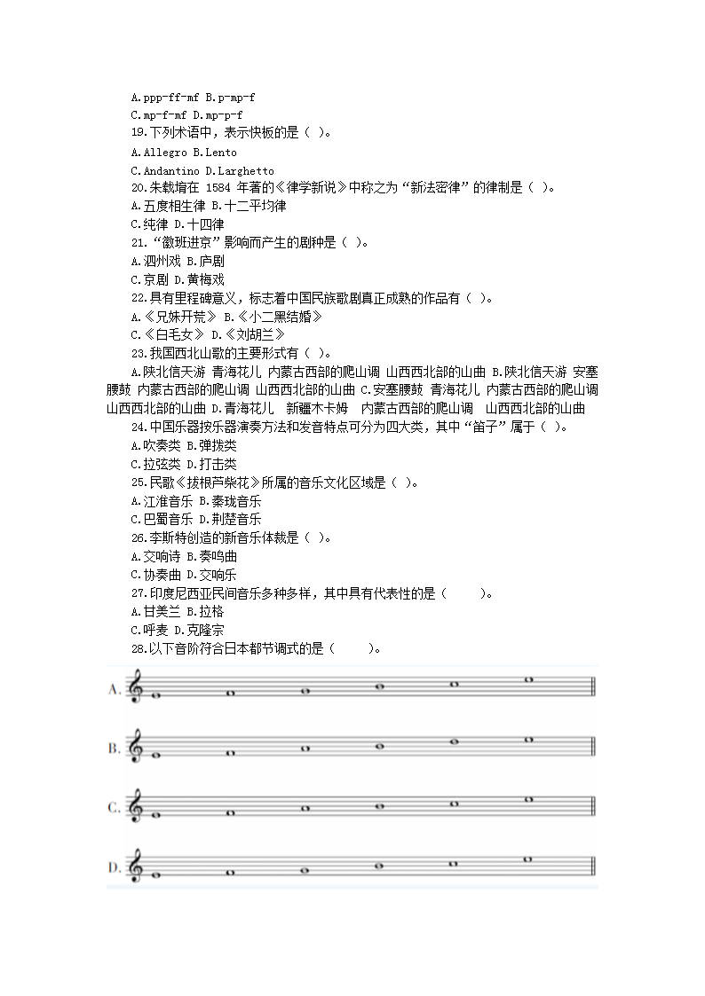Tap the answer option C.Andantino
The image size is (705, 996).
click(x=166, y=170)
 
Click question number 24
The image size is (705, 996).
click(x=139, y=427)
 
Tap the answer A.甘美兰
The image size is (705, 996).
click(x=155, y=611)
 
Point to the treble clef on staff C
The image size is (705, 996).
click(x=136, y=808)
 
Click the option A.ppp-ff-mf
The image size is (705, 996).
click(x=164, y=97)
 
